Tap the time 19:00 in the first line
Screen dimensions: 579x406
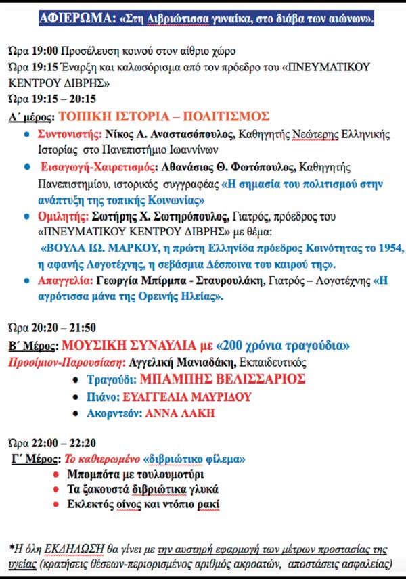tap(45, 51)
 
